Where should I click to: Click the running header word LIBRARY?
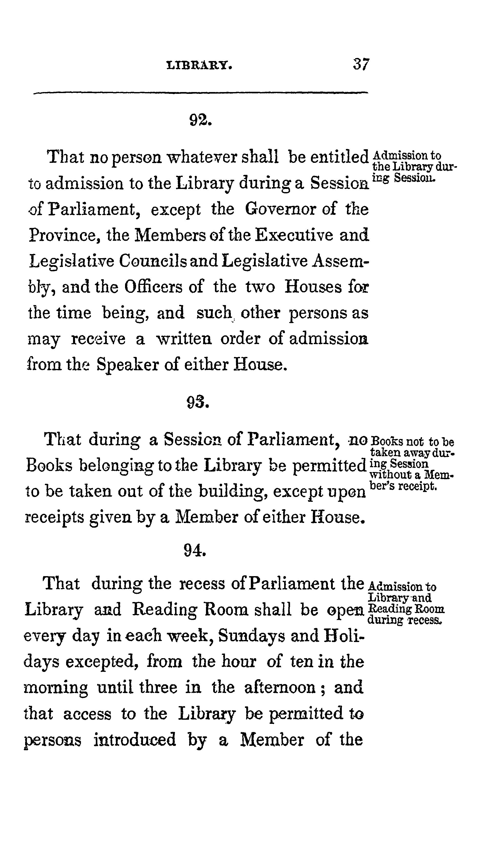click(199, 65)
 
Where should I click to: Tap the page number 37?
click(361, 64)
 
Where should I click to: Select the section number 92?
click(200, 120)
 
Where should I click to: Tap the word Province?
click(65, 235)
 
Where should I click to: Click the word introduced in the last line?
click(135, 739)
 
